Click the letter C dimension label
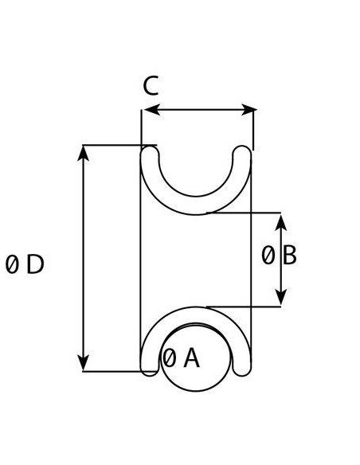[x=151, y=86]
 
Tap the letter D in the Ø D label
[x=35, y=264]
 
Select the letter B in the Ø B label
[x=289, y=256]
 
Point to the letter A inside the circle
[x=191, y=358]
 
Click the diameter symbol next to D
[x=12, y=264]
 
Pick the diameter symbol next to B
[x=268, y=256]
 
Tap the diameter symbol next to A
[x=169, y=358]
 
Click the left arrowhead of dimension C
[x=152, y=110]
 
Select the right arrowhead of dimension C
[x=249, y=110]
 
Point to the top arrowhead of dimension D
[x=84, y=153]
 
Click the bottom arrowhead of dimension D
[x=84, y=363]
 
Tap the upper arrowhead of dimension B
[x=280, y=222]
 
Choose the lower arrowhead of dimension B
[x=280, y=297]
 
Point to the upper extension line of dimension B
[x=244, y=213]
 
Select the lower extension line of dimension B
[x=244, y=307]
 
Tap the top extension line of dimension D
[x=119, y=145]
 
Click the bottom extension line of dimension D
[x=119, y=371]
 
